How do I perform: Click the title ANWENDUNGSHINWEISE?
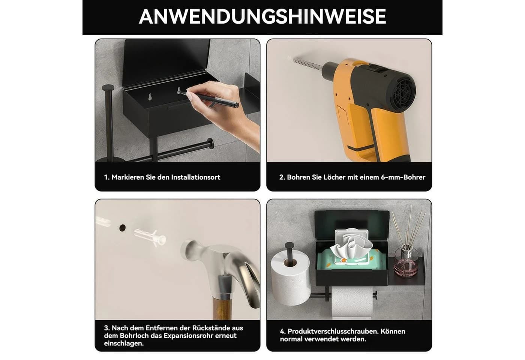point(262,16)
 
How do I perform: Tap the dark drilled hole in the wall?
point(122,228)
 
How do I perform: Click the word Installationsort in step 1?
point(195,177)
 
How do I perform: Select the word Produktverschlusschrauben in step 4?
point(333,331)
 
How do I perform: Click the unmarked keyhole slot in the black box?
point(150,97)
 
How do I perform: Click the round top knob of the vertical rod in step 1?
point(108,88)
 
